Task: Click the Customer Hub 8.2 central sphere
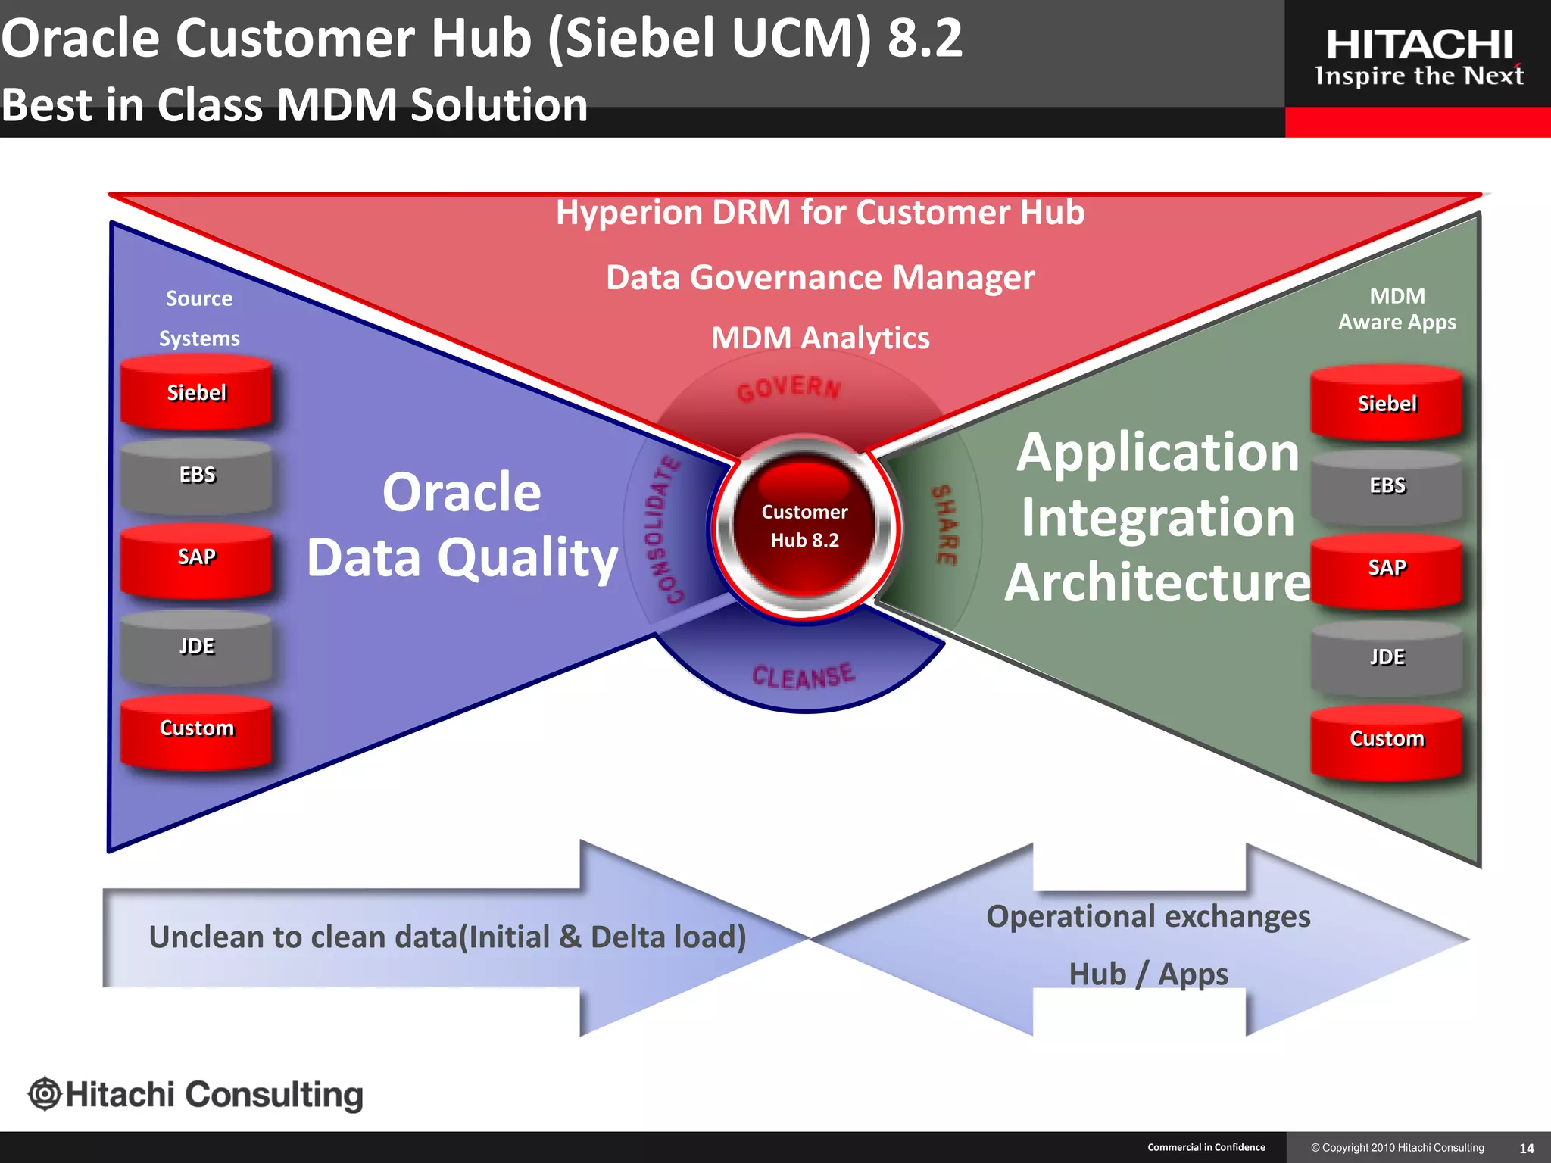(x=804, y=526)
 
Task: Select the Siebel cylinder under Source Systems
(x=196, y=393)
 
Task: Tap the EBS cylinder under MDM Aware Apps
(x=1387, y=486)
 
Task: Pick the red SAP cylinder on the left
(x=196, y=559)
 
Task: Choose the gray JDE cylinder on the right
(x=1387, y=657)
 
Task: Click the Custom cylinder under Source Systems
(x=196, y=730)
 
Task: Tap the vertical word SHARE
(x=944, y=525)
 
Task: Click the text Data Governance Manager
(x=820, y=278)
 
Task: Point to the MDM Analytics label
(x=820, y=338)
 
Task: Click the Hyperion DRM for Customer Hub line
(x=820, y=213)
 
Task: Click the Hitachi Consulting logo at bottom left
(x=195, y=1095)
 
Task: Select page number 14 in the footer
(x=1527, y=1149)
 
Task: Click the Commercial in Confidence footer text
(x=1206, y=1147)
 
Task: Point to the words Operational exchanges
(x=1148, y=917)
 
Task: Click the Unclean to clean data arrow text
(x=447, y=937)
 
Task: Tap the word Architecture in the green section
(x=1157, y=583)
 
